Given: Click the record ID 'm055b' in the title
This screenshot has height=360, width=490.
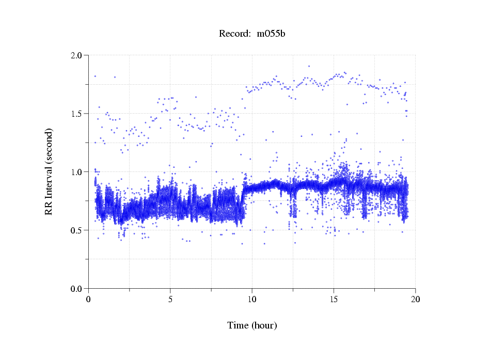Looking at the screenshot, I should (271, 34).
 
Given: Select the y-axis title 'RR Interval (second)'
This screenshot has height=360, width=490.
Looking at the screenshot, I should (49, 171).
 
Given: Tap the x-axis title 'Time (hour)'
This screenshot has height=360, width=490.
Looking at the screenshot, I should (252, 325).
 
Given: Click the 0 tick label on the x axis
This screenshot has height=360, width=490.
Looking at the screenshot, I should (89, 299).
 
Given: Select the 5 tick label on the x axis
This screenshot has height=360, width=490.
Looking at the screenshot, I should (170, 299).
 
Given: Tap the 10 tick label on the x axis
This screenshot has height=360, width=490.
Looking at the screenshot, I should (252, 299).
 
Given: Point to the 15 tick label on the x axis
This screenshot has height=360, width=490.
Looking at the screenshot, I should (334, 299).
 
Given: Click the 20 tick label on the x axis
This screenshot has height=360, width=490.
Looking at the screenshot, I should (415, 299).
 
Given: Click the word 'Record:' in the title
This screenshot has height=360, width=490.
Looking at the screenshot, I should (235, 34).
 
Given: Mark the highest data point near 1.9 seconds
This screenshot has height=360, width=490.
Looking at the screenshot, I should (309, 66).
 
